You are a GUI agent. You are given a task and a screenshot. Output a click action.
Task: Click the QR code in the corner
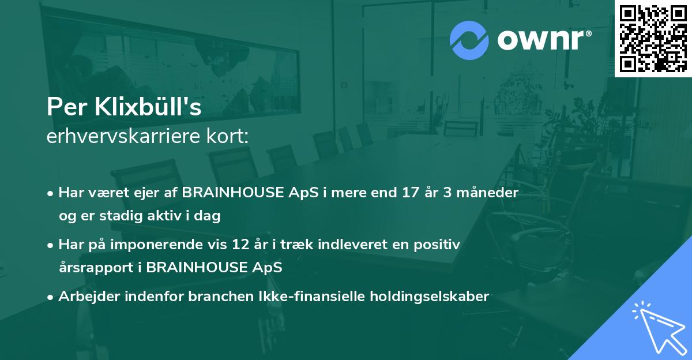[x=652, y=39]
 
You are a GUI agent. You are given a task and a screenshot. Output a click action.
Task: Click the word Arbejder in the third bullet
[x=84, y=297]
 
